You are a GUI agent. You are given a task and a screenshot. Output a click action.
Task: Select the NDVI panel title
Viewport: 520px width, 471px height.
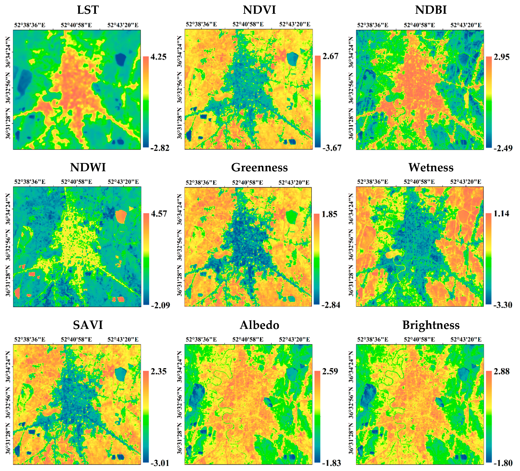click(259, 10)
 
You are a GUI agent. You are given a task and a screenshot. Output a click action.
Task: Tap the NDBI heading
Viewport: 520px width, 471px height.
click(431, 10)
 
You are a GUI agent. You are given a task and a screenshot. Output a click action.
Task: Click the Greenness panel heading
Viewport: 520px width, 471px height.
click(259, 168)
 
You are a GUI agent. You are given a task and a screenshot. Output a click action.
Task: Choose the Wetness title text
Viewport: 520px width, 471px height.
click(431, 168)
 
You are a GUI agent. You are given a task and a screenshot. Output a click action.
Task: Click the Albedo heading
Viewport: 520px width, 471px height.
click(259, 325)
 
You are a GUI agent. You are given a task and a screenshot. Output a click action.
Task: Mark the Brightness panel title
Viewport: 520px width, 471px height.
click(431, 325)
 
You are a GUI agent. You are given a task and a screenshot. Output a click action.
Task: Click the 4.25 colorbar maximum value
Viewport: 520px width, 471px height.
click(158, 57)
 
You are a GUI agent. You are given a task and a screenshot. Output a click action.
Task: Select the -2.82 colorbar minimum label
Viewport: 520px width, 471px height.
click(160, 148)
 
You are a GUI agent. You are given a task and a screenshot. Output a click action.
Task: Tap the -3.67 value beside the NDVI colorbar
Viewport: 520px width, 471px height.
click(331, 148)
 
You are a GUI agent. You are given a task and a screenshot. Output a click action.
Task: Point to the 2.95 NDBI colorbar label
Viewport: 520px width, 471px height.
click(501, 57)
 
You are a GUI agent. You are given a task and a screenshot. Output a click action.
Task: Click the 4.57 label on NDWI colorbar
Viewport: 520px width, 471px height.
click(159, 214)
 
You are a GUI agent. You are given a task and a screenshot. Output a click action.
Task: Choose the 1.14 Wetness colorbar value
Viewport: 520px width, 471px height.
click(501, 214)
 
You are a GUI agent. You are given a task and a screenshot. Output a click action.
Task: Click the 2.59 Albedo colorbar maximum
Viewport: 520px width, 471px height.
click(330, 372)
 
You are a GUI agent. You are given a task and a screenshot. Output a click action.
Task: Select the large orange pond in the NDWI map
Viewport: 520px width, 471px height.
click(121, 216)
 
